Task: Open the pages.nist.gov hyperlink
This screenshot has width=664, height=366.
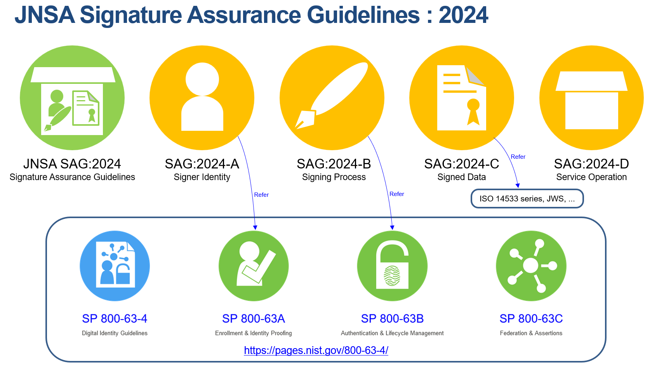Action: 316,350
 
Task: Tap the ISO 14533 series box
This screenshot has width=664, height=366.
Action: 527,199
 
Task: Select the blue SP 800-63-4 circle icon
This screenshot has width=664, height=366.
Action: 115,266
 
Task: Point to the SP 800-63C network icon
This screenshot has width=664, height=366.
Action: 531,266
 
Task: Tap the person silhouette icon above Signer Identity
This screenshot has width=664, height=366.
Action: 202,97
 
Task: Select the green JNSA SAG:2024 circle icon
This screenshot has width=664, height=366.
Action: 72,98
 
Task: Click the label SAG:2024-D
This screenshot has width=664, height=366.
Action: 591,164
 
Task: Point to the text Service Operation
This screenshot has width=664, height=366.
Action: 591,177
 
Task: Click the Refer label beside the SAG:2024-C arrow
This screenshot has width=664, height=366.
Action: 518,157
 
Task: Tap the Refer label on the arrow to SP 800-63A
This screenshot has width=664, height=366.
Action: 261,195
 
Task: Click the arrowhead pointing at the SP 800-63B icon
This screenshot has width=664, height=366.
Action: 392,227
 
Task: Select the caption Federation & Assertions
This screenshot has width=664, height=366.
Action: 531,333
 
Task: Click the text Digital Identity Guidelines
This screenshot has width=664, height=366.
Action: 115,333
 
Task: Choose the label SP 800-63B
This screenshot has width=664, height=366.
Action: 392,319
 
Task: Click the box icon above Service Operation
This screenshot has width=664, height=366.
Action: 591,100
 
